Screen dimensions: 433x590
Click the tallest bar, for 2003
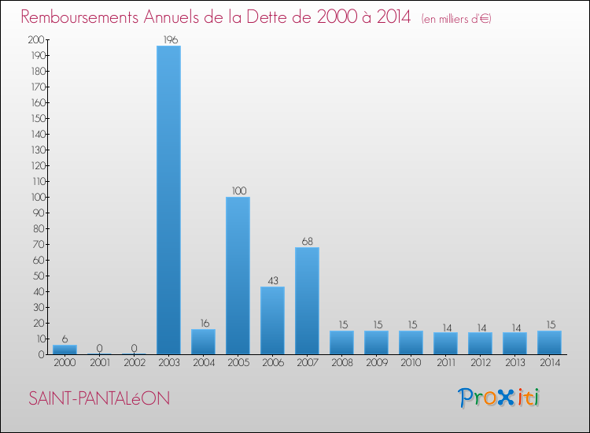pyautogui.click(x=168, y=200)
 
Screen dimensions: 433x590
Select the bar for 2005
pyautogui.click(x=238, y=276)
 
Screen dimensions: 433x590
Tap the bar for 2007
pyautogui.click(x=307, y=301)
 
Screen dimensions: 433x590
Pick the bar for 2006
pyautogui.click(x=272, y=320)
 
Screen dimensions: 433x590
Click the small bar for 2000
pyautogui.click(x=65, y=350)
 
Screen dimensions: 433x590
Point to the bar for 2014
pyautogui.click(x=549, y=342)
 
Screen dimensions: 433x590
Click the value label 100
pyautogui.click(x=238, y=191)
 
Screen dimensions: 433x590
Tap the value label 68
pyautogui.click(x=307, y=241)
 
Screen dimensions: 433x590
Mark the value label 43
pyautogui.click(x=272, y=280)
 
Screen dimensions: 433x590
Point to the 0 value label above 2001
pyautogui.click(x=99, y=348)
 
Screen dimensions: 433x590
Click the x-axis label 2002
pyautogui.click(x=134, y=363)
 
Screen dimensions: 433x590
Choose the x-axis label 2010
pyautogui.click(x=411, y=363)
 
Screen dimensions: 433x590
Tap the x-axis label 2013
pyautogui.click(x=514, y=363)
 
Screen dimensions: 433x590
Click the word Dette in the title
pyautogui.click(x=265, y=17)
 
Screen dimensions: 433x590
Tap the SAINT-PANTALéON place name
pyautogui.click(x=99, y=398)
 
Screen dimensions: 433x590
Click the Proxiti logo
pyautogui.click(x=500, y=398)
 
